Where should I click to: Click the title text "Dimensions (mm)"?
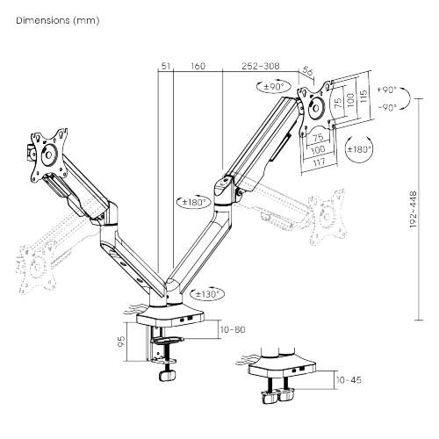pyautogui.click(x=51, y=19)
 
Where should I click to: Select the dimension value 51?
pyautogui.click(x=165, y=65)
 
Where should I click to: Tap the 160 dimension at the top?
pyautogui.click(x=198, y=65)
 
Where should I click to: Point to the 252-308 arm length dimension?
pyautogui.click(x=260, y=65)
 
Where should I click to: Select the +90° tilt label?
pyautogui.click(x=385, y=90)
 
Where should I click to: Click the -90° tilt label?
pyautogui.click(x=385, y=107)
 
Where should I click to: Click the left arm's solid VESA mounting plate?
pyautogui.click(x=48, y=151)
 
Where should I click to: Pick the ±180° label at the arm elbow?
pyautogui.click(x=191, y=202)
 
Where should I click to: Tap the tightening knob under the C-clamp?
pyautogui.click(x=162, y=375)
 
